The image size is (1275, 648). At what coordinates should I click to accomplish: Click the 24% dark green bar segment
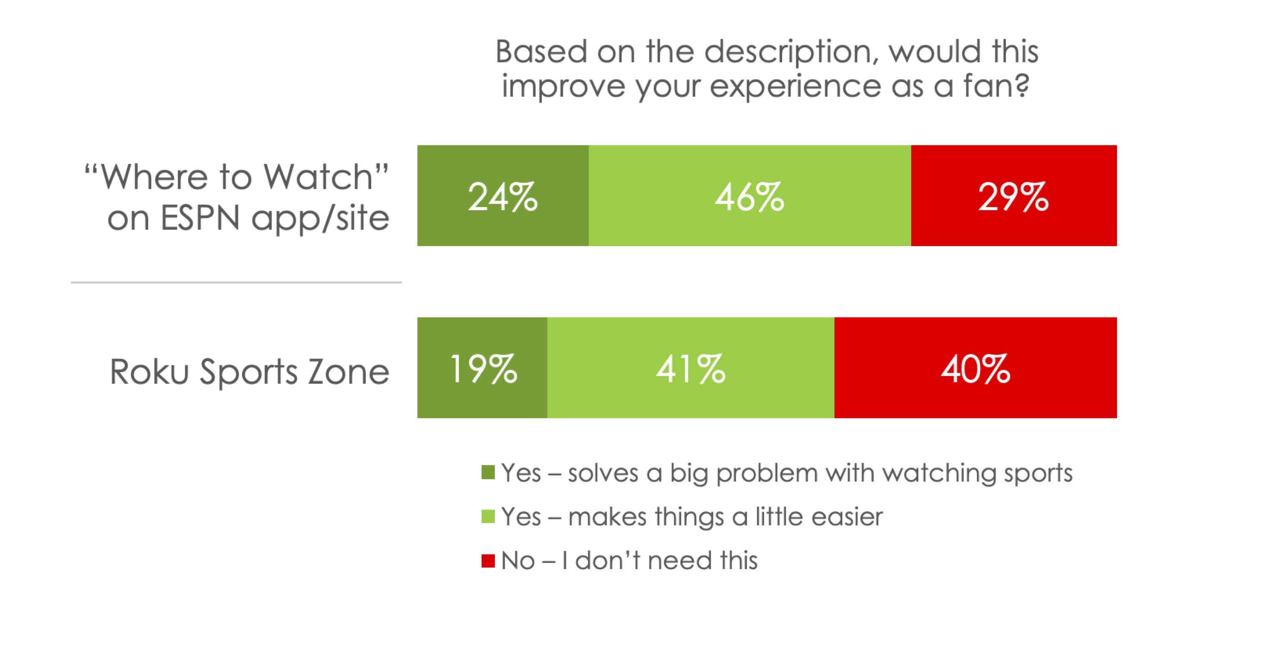click(x=502, y=196)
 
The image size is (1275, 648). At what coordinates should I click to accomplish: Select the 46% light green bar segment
click(x=750, y=196)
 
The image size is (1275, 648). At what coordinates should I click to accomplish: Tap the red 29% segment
click(x=1013, y=196)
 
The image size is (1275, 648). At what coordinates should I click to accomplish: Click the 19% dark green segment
click(x=482, y=368)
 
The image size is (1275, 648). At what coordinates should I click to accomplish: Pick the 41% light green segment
click(x=691, y=368)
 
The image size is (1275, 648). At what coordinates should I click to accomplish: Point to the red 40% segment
click(x=975, y=368)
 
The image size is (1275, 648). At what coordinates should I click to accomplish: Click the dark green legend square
click(x=488, y=473)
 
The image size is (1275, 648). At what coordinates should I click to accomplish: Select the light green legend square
click(x=488, y=516)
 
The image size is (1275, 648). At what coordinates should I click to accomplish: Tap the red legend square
click(x=488, y=560)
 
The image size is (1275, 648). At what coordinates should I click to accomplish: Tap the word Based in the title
click(x=541, y=51)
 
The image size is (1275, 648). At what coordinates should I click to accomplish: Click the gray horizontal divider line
click(x=236, y=282)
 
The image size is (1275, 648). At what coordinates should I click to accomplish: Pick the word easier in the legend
click(x=847, y=517)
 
